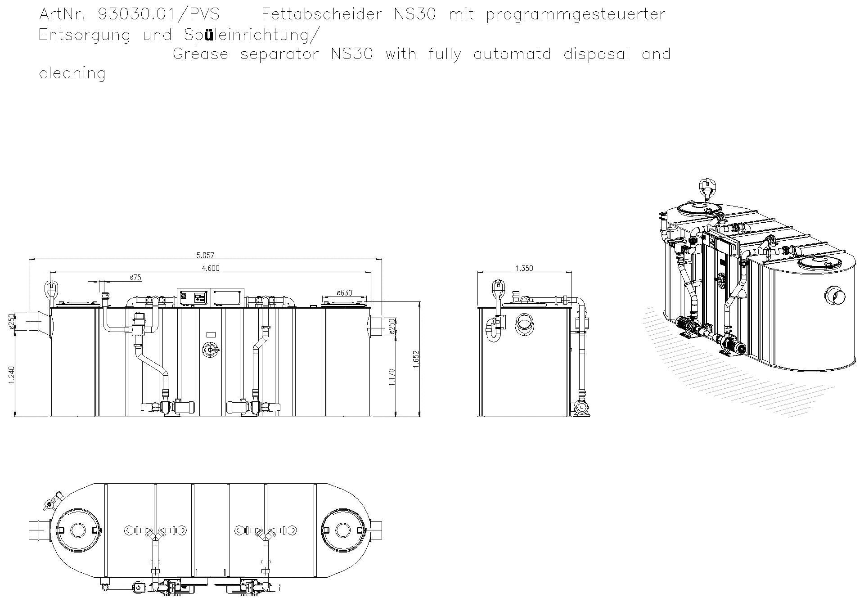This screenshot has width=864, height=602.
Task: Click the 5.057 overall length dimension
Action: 205,256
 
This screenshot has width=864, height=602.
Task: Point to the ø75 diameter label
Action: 135,278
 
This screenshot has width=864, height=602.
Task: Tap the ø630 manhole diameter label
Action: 344,293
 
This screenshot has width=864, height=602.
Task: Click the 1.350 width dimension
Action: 524,269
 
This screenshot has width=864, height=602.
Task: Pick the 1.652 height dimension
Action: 416,359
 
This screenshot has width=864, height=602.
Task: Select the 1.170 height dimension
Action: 391,377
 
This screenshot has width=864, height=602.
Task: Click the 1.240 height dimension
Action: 12,375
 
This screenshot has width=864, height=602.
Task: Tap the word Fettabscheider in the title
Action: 321,14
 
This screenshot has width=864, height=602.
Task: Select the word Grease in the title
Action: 200,54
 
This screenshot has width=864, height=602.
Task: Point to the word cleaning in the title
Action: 72,73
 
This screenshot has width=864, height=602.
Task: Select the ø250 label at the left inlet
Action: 12,321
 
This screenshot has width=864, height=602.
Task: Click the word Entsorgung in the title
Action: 85,35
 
